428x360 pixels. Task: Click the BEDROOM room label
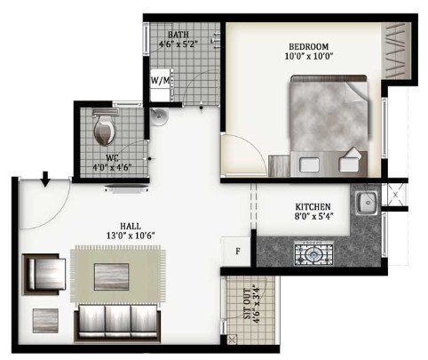click(309, 47)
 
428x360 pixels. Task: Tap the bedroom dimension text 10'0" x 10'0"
click(309, 56)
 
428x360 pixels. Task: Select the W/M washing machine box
click(161, 85)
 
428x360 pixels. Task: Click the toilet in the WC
click(105, 128)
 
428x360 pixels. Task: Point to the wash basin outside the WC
click(159, 116)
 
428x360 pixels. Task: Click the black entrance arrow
click(45, 179)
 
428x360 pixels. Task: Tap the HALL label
click(131, 227)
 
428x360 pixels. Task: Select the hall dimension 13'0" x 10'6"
click(131, 236)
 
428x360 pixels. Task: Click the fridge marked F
click(236, 252)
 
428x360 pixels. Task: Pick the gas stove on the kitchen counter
click(313, 253)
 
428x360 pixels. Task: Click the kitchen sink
click(367, 203)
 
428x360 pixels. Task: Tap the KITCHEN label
click(313, 206)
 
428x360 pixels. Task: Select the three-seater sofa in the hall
click(118, 324)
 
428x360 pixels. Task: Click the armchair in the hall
click(44, 275)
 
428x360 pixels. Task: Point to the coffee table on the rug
click(112, 276)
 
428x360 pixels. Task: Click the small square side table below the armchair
click(45, 321)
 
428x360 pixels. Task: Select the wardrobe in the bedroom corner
click(396, 51)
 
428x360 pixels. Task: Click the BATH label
click(178, 35)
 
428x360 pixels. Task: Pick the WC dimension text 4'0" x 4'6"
click(112, 167)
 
